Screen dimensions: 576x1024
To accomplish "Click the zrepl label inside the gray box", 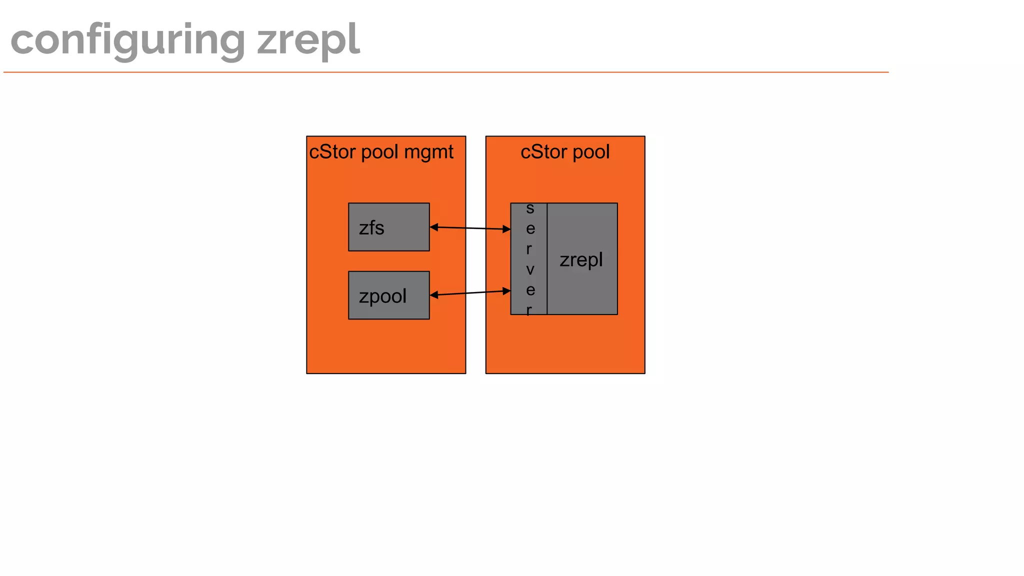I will click(x=581, y=260).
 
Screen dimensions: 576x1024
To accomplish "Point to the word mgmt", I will click(x=428, y=152).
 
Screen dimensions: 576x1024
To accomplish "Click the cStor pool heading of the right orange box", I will click(x=565, y=152).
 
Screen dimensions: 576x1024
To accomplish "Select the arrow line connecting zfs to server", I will click(x=470, y=228).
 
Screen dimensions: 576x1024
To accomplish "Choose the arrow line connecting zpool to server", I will click(x=470, y=293).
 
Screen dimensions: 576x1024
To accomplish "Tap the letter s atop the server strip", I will click(x=530, y=208).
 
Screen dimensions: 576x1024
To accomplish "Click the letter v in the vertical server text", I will click(x=530, y=270).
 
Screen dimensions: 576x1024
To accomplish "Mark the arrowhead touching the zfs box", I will click(x=434, y=227).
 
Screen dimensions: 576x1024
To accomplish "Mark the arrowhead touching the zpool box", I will click(x=434, y=295).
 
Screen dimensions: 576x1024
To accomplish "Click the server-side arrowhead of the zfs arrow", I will click(x=506, y=229).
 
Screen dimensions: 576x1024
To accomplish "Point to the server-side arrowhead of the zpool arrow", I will click(x=506, y=290).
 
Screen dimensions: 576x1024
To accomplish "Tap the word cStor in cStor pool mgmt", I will click(x=332, y=152).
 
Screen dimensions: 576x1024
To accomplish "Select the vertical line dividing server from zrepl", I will click(x=547, y=258).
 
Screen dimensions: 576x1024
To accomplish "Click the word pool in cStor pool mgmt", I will click(x=379, y=152).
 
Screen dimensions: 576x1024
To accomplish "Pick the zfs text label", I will click(x=371, y=228).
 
